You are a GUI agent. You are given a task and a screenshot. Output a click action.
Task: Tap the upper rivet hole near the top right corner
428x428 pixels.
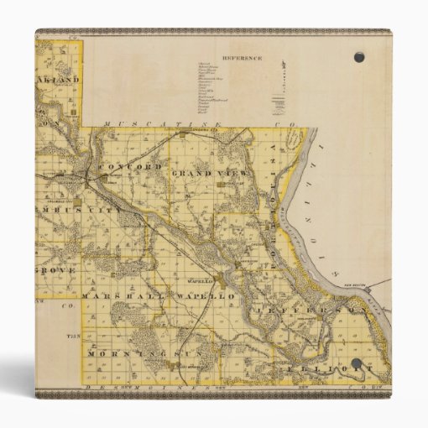click(359, 57)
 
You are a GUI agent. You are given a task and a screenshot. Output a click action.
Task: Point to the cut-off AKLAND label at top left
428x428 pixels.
click(59, 81)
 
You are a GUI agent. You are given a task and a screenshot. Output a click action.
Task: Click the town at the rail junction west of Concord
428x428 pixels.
click(87, 175)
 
